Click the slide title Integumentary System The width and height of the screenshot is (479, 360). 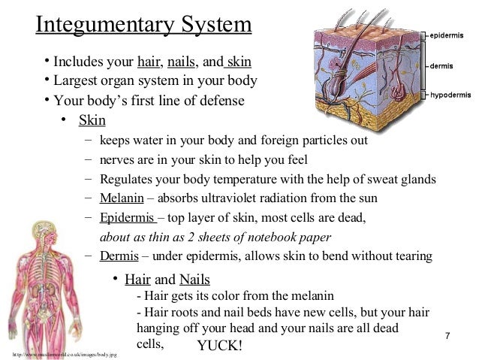tap(144, 25)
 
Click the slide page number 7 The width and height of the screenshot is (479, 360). tap(447, 334)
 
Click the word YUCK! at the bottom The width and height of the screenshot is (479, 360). tap(219, 345)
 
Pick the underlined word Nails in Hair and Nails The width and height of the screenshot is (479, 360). tap(194, 280)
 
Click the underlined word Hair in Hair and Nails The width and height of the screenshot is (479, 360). tap(137, 280)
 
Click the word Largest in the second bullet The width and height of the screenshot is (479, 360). tap(78, 80)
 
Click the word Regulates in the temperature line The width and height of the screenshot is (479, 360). tap(127, 179)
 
